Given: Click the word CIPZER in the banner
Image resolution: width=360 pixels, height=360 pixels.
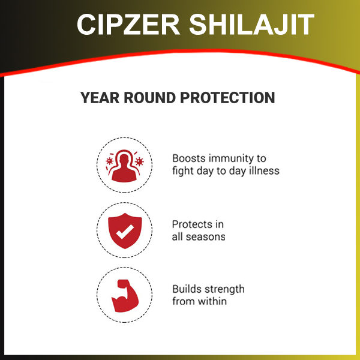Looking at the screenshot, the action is click(x=128, y=25).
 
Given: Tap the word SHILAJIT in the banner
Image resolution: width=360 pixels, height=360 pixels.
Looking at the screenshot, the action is click(x=251, y=25).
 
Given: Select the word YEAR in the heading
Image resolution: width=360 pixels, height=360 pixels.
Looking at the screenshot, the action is click(x=100, y=98).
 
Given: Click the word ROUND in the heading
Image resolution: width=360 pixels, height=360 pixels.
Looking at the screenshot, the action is click(x=149, y=98).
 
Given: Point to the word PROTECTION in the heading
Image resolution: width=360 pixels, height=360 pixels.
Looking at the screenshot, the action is click(x=227, y=98).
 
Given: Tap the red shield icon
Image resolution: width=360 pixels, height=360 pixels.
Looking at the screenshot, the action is click(x=125, y=231).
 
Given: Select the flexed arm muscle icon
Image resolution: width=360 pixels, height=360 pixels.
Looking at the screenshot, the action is click(x=125, y=296).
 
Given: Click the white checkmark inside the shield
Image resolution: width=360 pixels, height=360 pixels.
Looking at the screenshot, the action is click(x=125, y=232).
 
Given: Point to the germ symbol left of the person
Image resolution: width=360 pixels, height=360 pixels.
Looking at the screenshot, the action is click(x=110, y=161).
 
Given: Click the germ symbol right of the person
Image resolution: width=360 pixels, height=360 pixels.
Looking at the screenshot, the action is click(x=139, y=161).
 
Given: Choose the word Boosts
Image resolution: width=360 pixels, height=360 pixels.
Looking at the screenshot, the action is click(x=189, y=158).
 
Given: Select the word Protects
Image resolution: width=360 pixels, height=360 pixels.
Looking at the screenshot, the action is click(x=192, y=224).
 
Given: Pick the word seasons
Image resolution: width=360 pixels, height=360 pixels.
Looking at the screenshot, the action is click(x=205, y=237).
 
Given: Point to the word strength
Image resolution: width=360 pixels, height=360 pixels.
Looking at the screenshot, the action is click(x=223, y=290).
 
